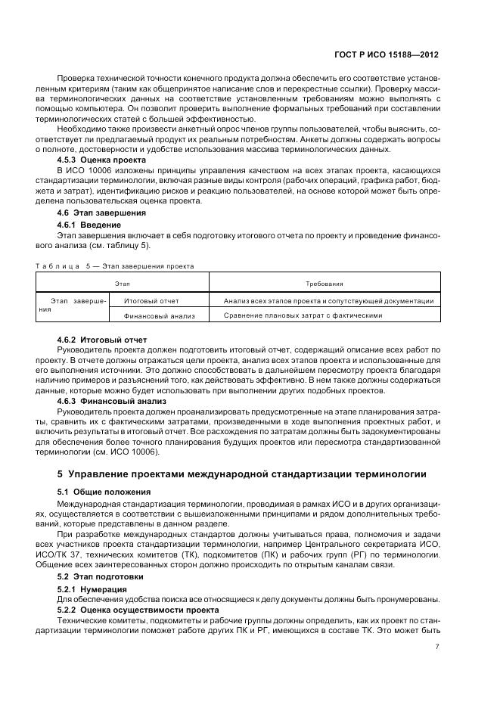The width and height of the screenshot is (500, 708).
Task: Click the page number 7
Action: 438,647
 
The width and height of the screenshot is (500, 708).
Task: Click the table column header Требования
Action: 325,284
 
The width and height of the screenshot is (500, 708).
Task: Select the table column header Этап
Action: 122,284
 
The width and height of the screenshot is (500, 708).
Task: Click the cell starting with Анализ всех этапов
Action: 329,301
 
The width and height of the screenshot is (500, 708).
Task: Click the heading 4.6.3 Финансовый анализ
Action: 107,401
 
